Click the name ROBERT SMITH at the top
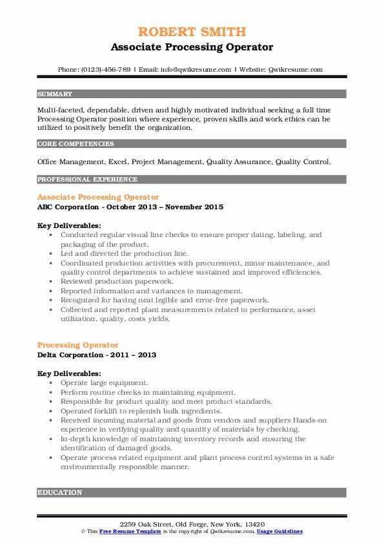pos(191,33)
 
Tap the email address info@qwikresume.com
pos(196,69)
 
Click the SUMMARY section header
pos(56,94)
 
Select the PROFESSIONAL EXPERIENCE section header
pos(87,179)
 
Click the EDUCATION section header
pos(60,492)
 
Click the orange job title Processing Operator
pos(77,345)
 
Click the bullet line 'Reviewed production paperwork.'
pos(116,282)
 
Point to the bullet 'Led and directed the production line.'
pos(125,254)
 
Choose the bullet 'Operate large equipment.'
pos(104,383)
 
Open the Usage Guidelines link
pos(279,531)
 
